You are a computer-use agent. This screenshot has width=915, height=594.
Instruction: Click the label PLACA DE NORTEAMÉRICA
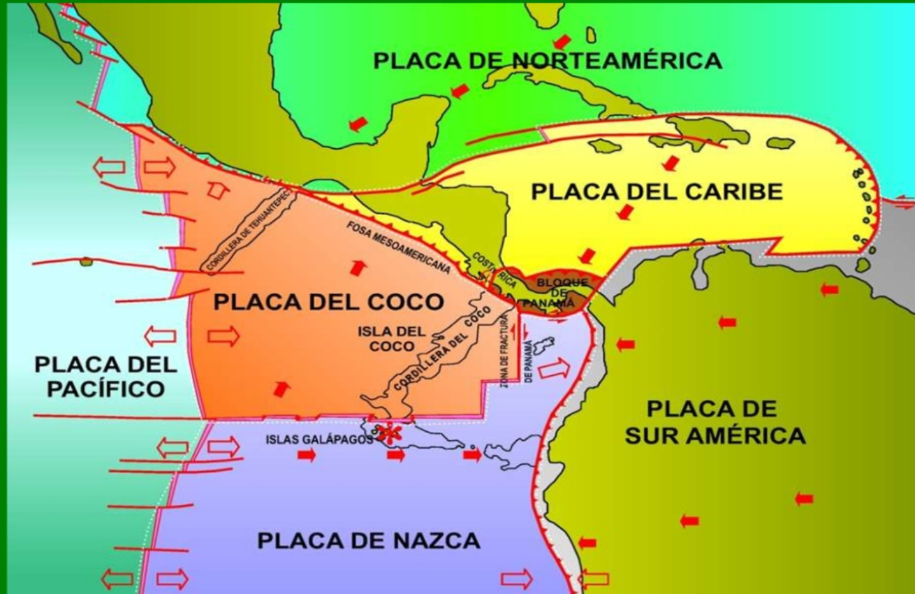pyautogui.click(x=548, y=61)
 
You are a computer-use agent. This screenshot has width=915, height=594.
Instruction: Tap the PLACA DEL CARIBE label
pyautogui.click(x=657, y=191)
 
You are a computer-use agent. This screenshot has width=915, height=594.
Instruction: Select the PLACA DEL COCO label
pyautogui.click(x=328, y=302)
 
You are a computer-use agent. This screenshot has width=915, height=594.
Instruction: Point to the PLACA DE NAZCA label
pyautogui.click(x=369, y=540)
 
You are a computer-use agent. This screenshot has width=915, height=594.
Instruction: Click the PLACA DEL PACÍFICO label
pyautogui.click(x=105, y=376)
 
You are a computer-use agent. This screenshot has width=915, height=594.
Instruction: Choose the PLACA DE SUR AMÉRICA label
pyautogui.click(x=715, y=422)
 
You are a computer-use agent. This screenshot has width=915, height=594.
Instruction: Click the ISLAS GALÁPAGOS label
pyautogui.click(x=316, y=440)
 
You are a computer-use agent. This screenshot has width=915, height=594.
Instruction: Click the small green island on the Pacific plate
pyautogui.click(x=86, y=262)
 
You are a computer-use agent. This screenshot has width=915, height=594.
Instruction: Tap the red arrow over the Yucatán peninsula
pyautogui.click(x=358, y=124)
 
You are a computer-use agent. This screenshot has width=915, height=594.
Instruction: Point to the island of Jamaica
pyautogui.click(x=605, y=146)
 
